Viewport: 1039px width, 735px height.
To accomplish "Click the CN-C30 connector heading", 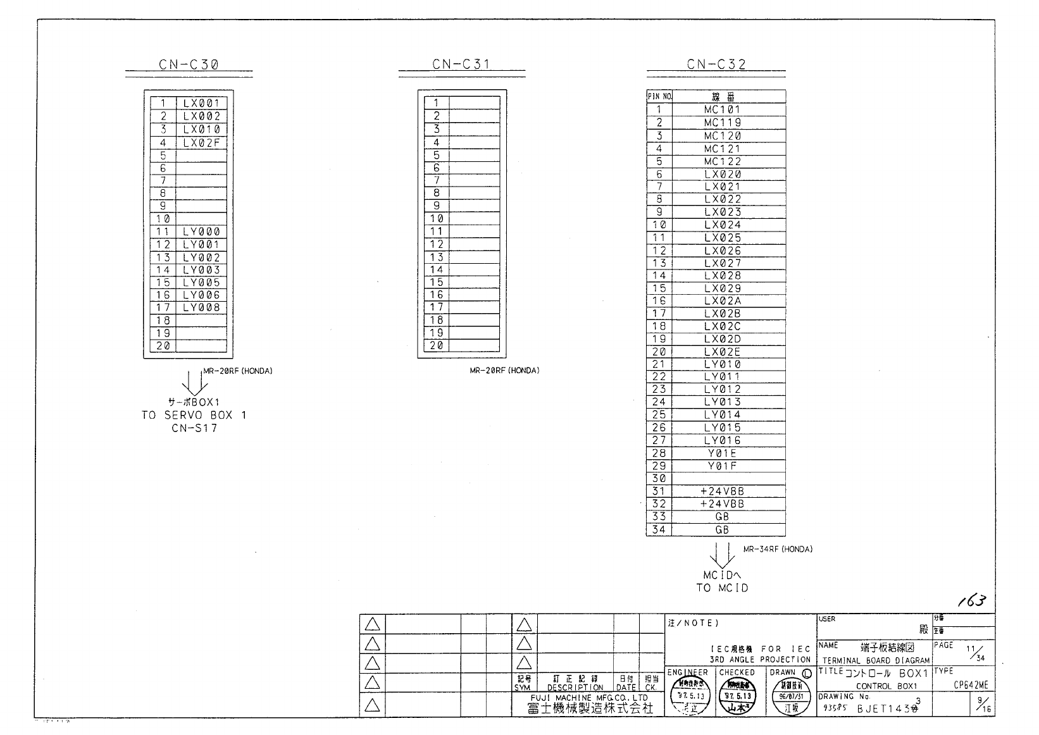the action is [189, 64].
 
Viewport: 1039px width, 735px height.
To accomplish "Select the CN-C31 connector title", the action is [461, 64].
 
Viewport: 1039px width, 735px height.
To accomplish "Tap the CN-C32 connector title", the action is [716, 64].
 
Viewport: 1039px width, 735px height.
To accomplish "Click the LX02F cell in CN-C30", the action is [201, 142].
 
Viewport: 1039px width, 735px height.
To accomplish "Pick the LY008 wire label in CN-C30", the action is [201, 308].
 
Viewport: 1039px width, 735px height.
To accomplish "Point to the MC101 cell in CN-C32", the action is [722, 109].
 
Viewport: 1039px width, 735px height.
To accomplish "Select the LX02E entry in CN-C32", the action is [722, 352].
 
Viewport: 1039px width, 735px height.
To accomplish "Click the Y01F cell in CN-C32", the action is [722, 466].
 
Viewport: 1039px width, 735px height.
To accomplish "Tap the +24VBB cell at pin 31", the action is [722, 491].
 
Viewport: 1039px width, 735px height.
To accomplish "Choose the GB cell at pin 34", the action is [722, 530].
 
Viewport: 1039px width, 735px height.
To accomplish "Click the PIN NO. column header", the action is [659, 97].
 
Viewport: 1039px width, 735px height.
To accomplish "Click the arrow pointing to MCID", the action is [722, 555].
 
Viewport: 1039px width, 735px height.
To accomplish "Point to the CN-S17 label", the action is [194, 428].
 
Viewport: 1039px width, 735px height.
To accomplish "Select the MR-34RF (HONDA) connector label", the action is [778, 549].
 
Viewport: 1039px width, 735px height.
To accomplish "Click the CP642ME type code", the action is [970, 685].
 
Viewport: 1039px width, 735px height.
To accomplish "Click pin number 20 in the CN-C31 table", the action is [437, 346].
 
